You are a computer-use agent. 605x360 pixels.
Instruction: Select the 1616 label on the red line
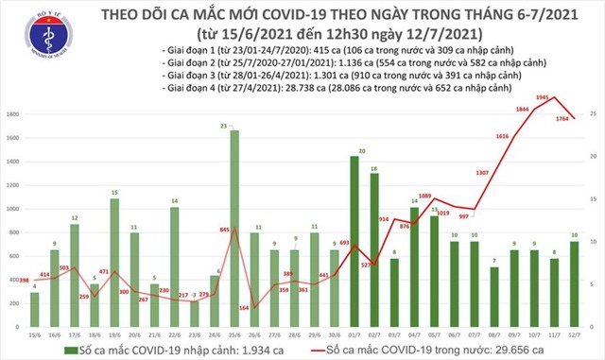point(501,136)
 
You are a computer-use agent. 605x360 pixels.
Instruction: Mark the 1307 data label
point(482,172)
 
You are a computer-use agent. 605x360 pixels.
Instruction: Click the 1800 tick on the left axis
point(13,114)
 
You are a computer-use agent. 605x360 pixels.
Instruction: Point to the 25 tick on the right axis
point(591,114)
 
